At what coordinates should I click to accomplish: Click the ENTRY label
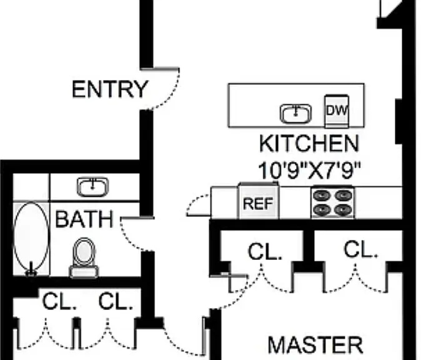(x=110, y=89)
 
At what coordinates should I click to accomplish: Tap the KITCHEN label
(x=309, y=144)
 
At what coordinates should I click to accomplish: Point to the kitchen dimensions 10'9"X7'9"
(x=309, y=171)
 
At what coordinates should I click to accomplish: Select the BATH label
(x=84, y=219)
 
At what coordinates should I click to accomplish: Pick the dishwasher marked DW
(x=337, y=111)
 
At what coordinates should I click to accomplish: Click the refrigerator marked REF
(x=259, y=201)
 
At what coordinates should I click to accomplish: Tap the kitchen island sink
(x=295, y=113)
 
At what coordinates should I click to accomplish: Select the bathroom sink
(x=92, y=187)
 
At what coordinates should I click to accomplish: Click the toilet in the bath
(x=84, y=258)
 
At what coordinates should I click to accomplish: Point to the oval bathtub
(x=31, y=236)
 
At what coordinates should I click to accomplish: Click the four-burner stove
(x=332, y=202)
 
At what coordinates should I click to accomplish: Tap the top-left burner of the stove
(x=322, y=196)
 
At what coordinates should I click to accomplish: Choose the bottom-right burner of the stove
(x=343, y=209)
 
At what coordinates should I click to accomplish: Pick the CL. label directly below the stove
(x=360, y=249)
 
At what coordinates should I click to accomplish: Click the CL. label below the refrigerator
(x=265, y=252)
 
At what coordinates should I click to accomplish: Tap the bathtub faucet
(x=31, y=269)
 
